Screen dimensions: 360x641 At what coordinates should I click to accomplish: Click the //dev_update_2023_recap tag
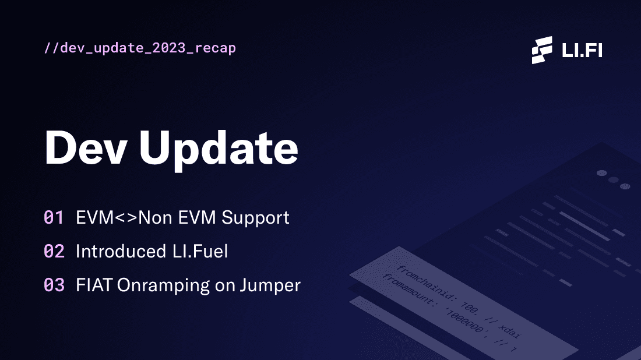pos(140,48)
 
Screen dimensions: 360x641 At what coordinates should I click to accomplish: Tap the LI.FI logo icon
pos(542,50)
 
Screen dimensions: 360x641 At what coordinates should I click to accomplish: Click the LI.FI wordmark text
pos(582,51)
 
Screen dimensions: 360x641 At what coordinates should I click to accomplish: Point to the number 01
pos(54,218)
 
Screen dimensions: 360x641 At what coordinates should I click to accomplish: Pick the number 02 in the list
pos(54,252)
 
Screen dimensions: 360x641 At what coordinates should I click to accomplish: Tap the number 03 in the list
pos(54,285)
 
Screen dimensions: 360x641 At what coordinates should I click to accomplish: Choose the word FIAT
pos(94,285)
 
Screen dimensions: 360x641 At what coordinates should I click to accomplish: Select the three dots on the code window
pos(613,179)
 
